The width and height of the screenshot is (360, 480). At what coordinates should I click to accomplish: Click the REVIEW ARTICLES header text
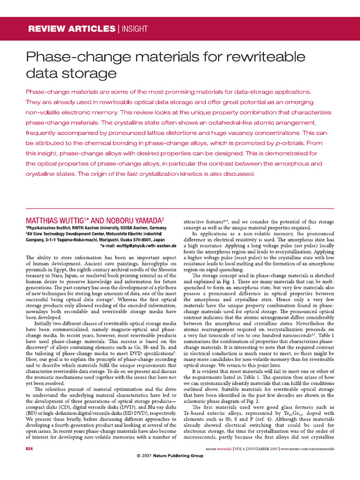[x=72, y=29]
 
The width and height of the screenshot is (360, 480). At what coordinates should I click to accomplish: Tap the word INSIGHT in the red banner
[x=135, y=29]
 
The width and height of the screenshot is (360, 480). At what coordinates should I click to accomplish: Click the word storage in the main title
[x=87, y=74]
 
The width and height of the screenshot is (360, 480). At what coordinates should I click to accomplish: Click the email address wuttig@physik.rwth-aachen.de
[x=144, y=245]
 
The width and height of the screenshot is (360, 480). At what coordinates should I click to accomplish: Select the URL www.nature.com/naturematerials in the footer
[x=307, y=449]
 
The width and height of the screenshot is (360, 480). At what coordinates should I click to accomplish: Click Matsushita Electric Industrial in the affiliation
[x=132, y=233]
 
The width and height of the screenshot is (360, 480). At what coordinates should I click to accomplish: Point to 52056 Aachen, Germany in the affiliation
[x=148, y=227]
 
